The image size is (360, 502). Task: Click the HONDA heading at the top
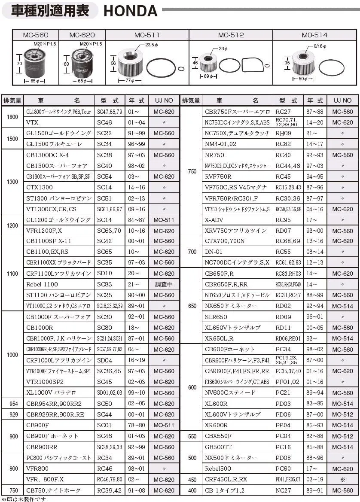click(x=130, y=11)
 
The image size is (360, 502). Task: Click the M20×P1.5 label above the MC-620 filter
click(x=91, y=44)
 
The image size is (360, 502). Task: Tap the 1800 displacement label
click(x=12, y=117)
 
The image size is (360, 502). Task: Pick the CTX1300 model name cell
click(x=40, y=187)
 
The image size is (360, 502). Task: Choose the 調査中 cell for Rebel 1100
click(x=164, y=284)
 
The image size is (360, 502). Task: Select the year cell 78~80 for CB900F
click(x=137, y=425)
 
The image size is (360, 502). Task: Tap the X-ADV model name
click(x=214, y=220)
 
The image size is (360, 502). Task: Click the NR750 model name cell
click(x=215, y=155)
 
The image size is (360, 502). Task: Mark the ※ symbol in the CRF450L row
click(x=342, y=479)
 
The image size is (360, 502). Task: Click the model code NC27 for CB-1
click(x=283, y=490)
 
